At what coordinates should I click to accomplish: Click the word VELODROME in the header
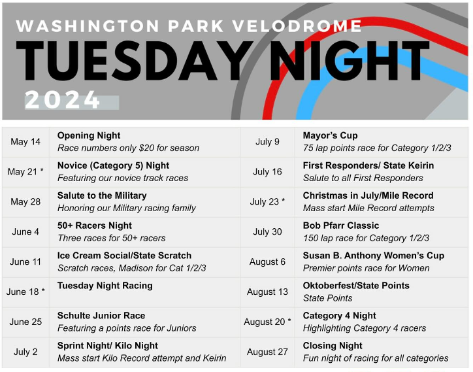click(x=297, y=26)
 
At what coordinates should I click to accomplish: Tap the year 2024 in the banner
click(x=63, y=100)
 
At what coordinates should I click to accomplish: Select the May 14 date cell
click(x=25, y=142)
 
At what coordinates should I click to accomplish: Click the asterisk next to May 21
click(x=42, y=170)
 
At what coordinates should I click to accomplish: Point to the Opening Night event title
click(x=89, y=135)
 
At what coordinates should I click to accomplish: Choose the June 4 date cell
click(x=25, y=231)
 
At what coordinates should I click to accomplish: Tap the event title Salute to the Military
click(x=102, y=195)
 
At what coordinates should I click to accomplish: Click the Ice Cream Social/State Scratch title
click(x=124, y=256)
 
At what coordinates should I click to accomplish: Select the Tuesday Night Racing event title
click(x=105, y=286)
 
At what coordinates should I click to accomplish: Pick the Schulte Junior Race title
click(x=101, y=316)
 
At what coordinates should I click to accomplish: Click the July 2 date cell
click(x=25, y=352)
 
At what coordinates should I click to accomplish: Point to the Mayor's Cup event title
click(x=331, y=135)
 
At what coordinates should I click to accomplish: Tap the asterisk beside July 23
click(x=283, y=200)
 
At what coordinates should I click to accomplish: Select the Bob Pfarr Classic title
click(x=341, y=226)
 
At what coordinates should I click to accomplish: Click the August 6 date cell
click(x=267, y=262)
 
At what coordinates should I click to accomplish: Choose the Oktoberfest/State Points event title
click(x=356, y=286)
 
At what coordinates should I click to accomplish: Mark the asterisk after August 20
click(x=289, y=320)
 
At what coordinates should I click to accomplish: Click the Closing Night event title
click(x=333, y=346)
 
